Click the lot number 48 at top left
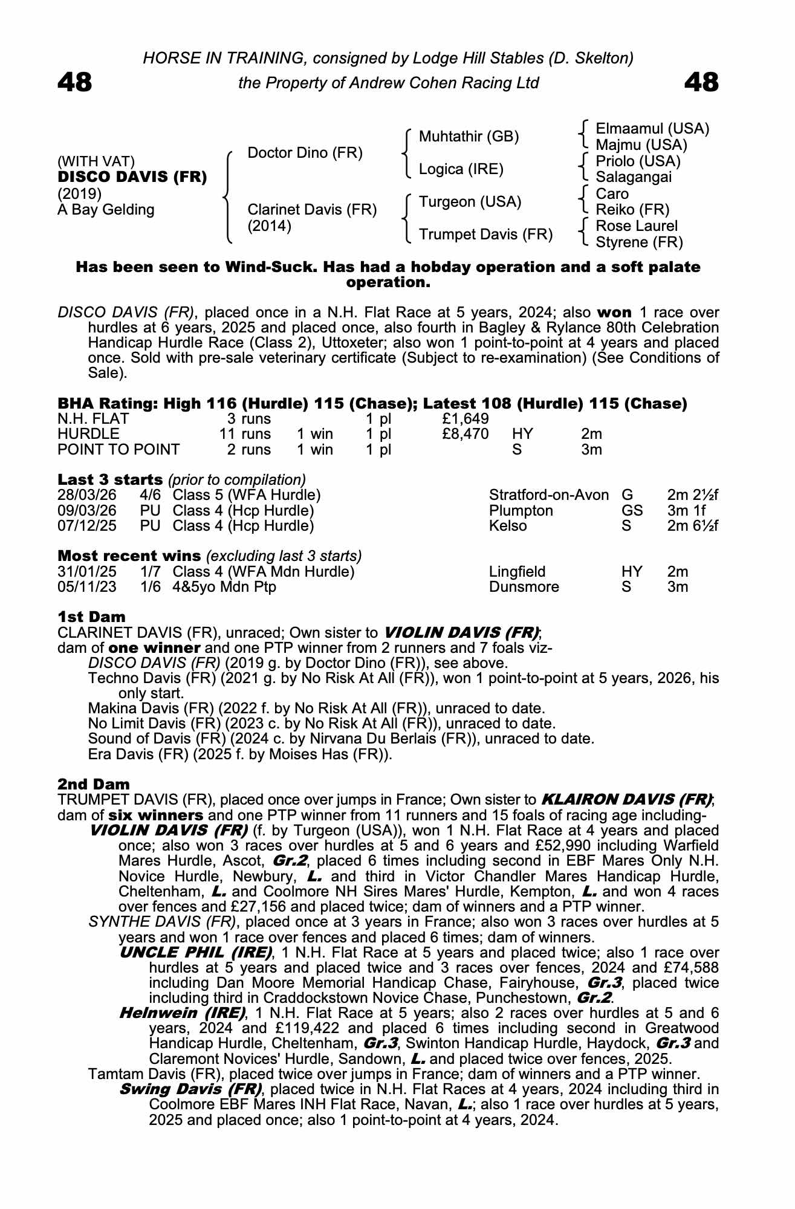tap(74, 83)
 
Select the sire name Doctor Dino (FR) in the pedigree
tap(305, 153)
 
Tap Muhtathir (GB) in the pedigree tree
tap(469, 137)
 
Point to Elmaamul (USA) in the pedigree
tap(652, 129)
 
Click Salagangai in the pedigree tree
tap(634, 177)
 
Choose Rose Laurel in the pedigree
tap(637, 226)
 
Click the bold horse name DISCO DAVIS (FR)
tap(132, 177)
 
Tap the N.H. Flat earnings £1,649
tap(466, 419)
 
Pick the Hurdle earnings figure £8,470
tap(466, 434)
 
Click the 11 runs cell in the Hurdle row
tap(245, 434)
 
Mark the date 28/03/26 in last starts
tap(87, 495)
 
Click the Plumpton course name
tap(521, 511)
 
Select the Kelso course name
tap(508, 526)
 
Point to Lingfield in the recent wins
tap(517, 572)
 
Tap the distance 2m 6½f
tap(692, 526)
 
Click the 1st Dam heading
tap(91, 617)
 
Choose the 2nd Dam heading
tap(93, 785)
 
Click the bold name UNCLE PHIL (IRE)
tap(195, 953)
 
